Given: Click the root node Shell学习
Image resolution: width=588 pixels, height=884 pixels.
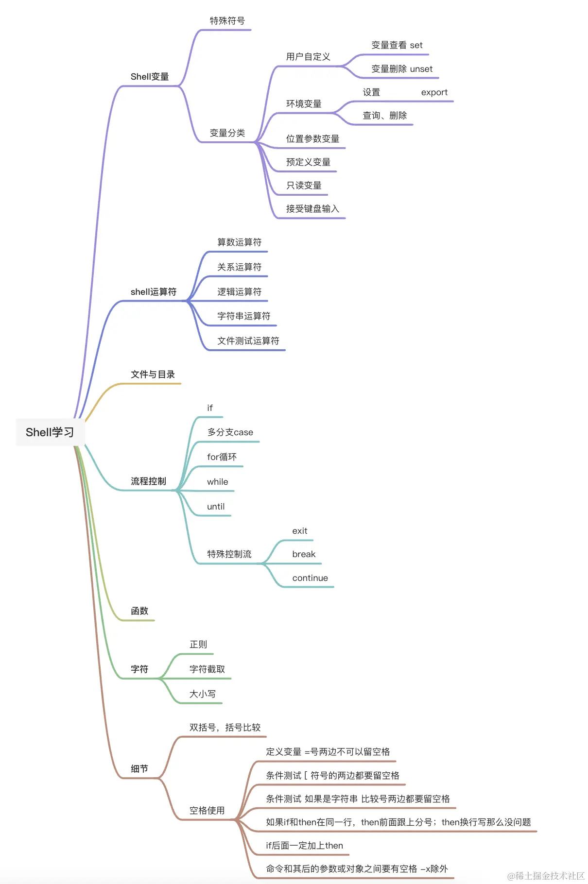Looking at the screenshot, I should [x=50, y=432].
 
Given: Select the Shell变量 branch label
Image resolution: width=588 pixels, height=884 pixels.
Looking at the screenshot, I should [x=150, y=77].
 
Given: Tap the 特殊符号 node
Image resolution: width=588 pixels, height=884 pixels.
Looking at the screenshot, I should [x=227, y=21].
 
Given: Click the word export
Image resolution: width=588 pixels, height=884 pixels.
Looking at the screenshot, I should [x=434, y=92].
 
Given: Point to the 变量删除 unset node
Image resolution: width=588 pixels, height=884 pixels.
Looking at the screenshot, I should [x=401, y=69].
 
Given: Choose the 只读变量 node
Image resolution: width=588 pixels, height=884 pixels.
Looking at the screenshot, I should [x=304, y=186].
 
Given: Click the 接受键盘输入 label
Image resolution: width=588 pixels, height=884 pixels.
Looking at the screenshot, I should [x=312, y=209].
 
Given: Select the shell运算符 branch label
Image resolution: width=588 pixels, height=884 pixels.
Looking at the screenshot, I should [x=154, y=292].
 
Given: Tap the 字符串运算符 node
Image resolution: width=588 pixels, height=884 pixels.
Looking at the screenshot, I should [x=243, y=316].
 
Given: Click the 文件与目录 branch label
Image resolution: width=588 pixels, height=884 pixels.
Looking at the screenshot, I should [x=153, y=374].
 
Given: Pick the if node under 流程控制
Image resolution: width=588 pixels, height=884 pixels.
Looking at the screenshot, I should [x=210, y=408].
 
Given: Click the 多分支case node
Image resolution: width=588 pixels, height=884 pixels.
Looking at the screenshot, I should [x=230, y=432].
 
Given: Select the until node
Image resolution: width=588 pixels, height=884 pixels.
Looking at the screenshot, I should [x=216, y=507].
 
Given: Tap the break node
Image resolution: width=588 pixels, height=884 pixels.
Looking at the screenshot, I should [x=304, y=554].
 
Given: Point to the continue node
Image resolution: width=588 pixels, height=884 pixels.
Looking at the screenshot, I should [x=310, y=578].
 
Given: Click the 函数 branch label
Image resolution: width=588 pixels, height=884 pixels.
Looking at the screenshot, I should [x=139, y=611].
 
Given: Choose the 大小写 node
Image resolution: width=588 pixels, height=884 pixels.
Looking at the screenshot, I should [x=203, y=694].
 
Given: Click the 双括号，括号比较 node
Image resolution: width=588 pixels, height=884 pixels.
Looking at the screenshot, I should [x=225, y=728].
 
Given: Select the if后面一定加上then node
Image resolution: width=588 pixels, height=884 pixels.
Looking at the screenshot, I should [x=304, y=846].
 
